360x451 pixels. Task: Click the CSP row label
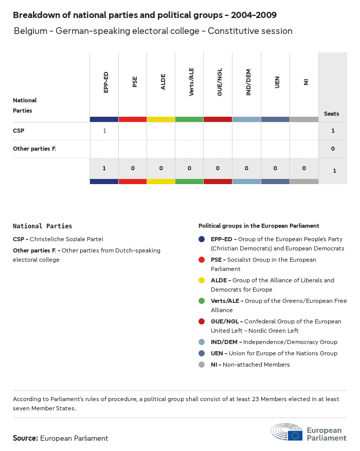[x=19, y=131]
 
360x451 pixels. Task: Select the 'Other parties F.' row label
[x=34, y=149]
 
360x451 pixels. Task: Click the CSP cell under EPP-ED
[x=104, y=131]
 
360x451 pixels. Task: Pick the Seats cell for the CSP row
[x=333, y=131]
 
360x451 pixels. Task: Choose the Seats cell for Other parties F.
[x=333, y=149]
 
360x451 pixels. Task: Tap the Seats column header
[x=331, y=114]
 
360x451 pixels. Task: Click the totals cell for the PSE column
[x=133, y=168]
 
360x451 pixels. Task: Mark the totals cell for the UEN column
[x=275, y=168]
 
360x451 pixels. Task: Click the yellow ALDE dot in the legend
[x=202, y=280]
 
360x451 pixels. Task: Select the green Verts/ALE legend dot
[x=202, y=301]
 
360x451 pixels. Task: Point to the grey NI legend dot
[x=202, y=365]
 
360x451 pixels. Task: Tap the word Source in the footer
[x=25, y=438]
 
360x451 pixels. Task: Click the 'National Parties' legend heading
[x=42, y=226]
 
